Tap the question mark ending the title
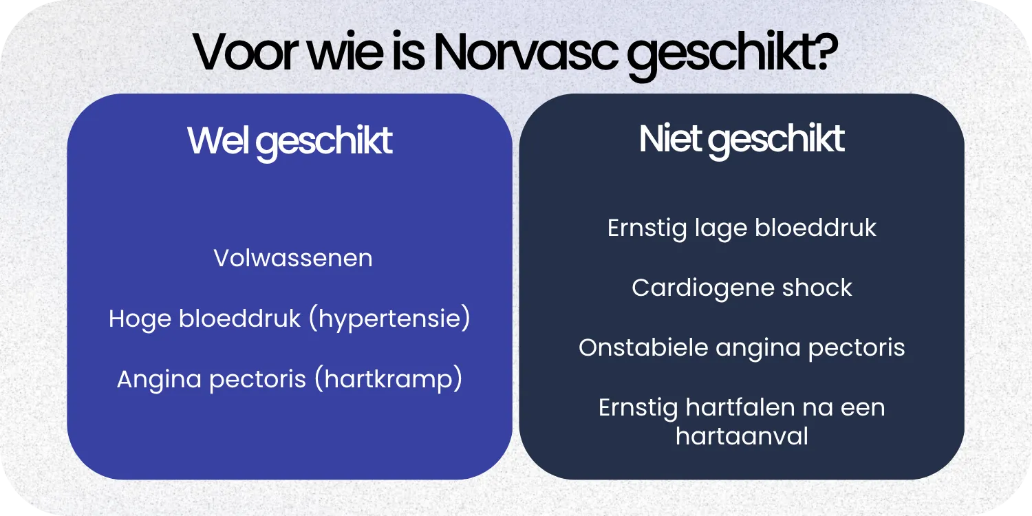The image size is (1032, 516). (824, 53)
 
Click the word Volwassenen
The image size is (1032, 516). (293, 259)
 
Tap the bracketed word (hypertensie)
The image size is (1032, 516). (389, 320)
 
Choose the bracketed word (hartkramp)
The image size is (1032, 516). (388, 380)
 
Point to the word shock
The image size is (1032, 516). (818, 288)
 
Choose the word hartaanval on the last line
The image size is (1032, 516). (742, 436)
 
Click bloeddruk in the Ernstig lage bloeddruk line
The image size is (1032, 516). (815, 228)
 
